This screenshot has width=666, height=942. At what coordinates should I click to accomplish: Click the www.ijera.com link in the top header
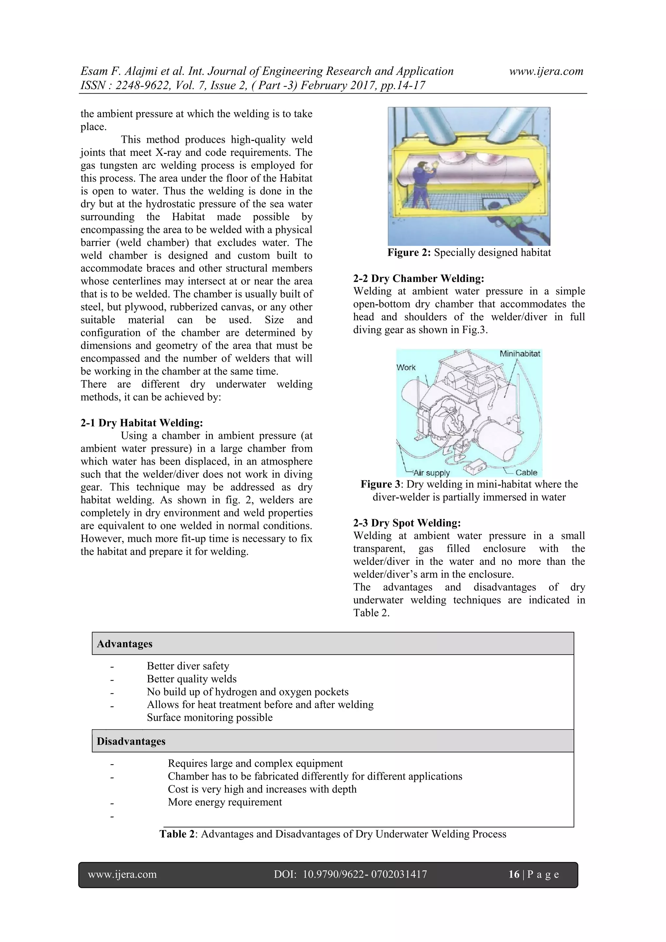546,71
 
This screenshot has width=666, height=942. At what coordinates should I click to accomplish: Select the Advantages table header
125,644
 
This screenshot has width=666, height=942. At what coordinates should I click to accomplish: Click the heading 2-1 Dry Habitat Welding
141,423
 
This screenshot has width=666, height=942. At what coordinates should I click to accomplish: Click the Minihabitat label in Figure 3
520,354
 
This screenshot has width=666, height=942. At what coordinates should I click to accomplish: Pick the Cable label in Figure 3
526,472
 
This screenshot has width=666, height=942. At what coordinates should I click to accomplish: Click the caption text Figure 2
409,252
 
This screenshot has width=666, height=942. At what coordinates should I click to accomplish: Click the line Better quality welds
192,679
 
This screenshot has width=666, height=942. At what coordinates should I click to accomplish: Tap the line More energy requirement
225,802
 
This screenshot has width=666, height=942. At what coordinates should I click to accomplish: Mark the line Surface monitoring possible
209,717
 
